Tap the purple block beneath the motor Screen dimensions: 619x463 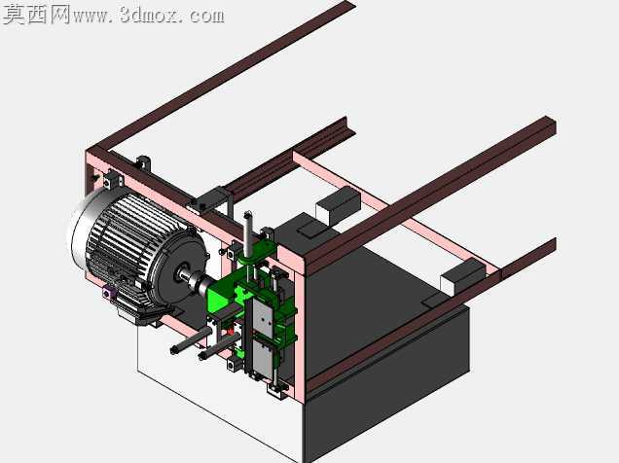point(107,292)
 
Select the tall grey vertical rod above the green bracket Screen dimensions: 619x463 point(248,232)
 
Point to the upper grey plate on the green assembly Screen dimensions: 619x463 point(262,316)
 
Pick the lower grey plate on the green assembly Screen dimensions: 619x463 point(262,358)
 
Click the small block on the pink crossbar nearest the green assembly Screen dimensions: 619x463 point(339,204)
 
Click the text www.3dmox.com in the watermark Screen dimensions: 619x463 point(149,16)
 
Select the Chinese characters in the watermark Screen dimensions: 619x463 point(36,15)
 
